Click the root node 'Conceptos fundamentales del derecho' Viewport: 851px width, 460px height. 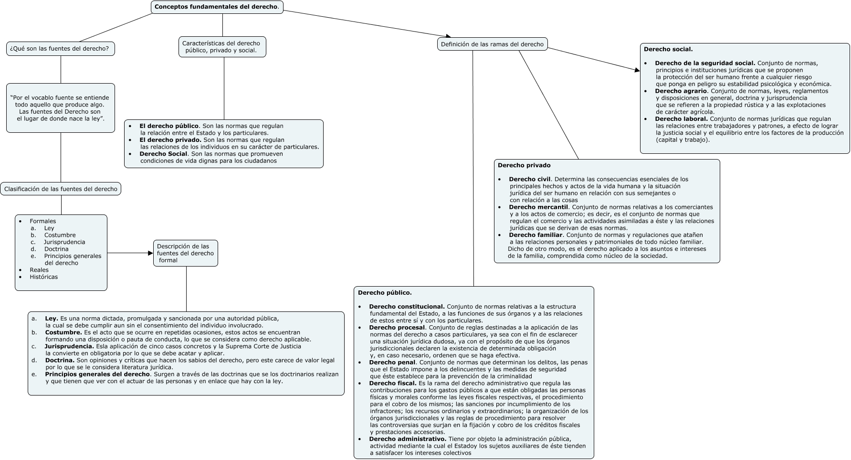click(x=217, y=7)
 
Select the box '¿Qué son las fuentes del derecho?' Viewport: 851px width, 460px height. click(x=61, y=49)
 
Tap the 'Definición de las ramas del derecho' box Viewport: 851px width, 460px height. click(x=492, y=44)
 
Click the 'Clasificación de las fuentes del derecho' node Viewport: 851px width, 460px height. click(x=61, y=189)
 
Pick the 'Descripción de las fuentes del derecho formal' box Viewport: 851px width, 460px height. click(x=186, y=253)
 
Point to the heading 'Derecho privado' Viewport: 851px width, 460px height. click(x=524, y=165)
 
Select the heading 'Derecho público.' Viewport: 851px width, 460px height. click(x=385, y=292)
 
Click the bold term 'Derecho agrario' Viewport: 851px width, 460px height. click(x=681, y=91)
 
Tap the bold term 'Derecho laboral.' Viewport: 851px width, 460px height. click(x=682, y=118)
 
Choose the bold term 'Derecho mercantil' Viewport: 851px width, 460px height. click(x=538, y=207)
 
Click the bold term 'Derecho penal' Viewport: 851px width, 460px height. click(x=392, y=362)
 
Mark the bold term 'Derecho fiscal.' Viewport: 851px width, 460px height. click(x=393, y=383)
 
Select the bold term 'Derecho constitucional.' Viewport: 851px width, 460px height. click(x=407, y=307)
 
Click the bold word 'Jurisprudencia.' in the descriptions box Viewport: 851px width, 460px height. click(x=69, y=346)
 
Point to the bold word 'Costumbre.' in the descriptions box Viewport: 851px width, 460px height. click(x=63, y=332)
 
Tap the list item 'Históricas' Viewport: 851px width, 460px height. click(x=43, y=277)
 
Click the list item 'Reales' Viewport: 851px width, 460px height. click(x=39, y=270)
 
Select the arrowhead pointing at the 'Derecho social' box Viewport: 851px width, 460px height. click(x=637, y=70)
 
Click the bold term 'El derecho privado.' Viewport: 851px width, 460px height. click(x=170, y=140)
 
